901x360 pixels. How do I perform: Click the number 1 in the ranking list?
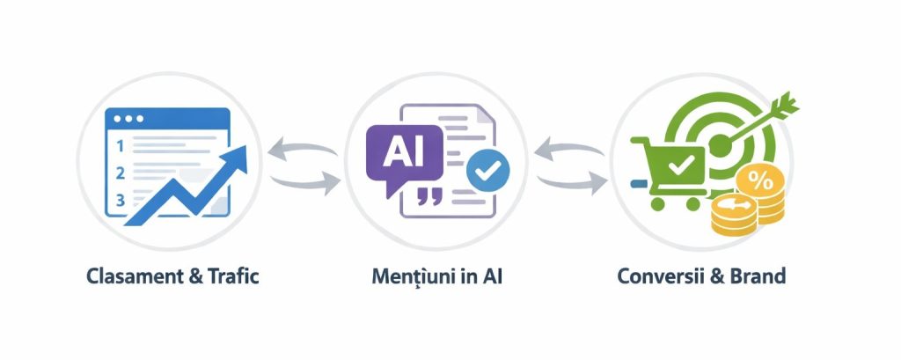121,143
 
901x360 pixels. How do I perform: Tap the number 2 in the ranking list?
121,172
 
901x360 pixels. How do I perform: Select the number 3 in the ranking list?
121,201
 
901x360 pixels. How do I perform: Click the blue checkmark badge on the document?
482,170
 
